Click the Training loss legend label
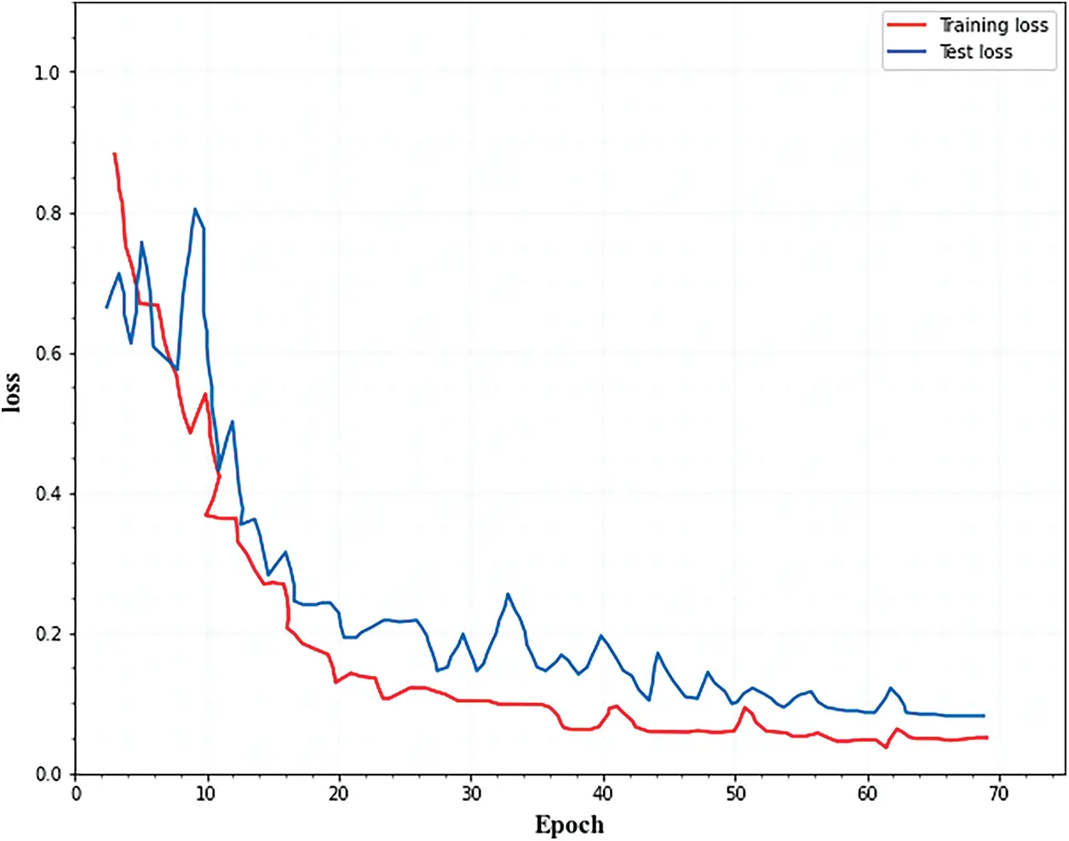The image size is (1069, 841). coord(993,26)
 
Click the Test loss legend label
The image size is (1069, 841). coord(976,52)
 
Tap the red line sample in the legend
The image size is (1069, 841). coord(906,26)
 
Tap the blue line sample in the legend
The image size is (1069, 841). coord(906,52)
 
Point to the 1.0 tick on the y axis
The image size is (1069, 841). coord(47,72)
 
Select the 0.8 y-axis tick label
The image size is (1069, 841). coord(47,213)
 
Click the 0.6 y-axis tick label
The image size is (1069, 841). coord(47,354)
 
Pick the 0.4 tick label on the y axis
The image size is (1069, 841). coord(47,494)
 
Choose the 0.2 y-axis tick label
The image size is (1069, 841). coord(47,634)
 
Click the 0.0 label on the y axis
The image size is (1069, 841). coord(47,775)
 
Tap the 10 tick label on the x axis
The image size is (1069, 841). coord(207,794)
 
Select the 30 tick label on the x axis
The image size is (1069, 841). coord(471,794)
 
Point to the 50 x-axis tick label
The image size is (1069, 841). coord(735,794)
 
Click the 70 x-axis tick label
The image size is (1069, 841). coord(998,794)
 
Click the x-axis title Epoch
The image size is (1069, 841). coord(569,825)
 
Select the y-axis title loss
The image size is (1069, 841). coord(12,392)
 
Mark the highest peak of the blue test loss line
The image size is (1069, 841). coord(195,209)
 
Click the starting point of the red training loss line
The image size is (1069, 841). coord(114,154)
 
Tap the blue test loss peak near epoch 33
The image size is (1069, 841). coord(508,594)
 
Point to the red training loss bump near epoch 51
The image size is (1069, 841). coord(744,708)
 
